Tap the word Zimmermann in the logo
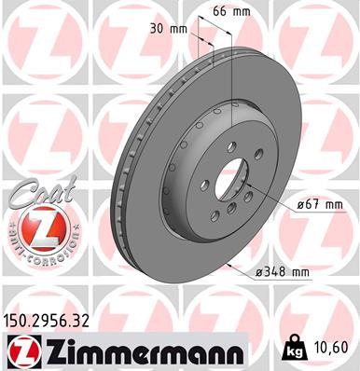click(128, 352)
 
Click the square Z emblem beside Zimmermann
click(20, 352)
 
